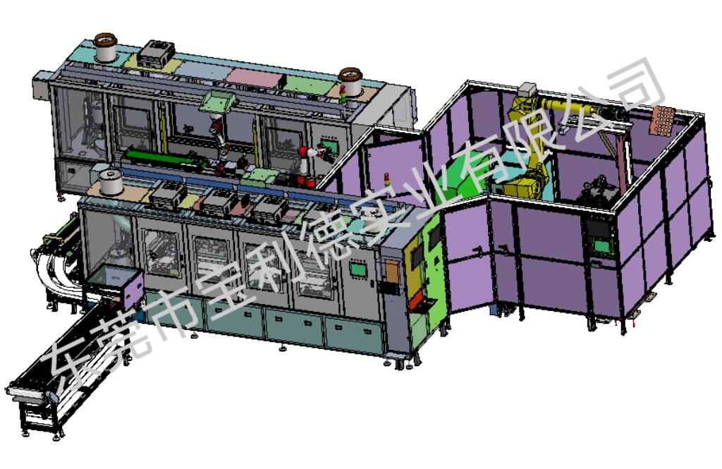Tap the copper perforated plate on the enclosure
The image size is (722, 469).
pyautogui.click(x=661, y=120)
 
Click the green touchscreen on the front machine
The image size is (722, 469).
pyautogui.click(x=358, y=269)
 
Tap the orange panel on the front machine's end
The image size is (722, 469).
pyautogui.click(x=392, y=272)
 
